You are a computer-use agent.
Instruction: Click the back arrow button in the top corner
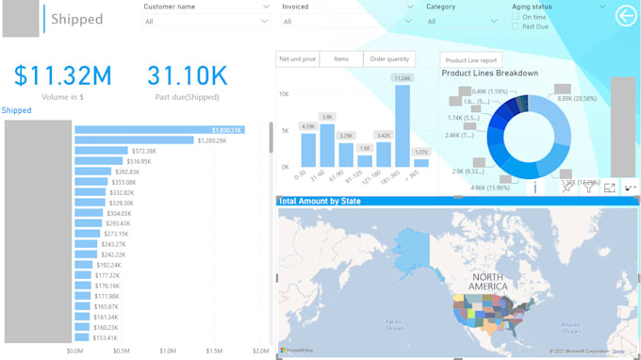tap(625, 16)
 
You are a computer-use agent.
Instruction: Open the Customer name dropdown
tap(265, 21)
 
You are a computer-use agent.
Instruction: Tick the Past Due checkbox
tap(515, 26)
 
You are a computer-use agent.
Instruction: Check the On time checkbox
tap(515, 17)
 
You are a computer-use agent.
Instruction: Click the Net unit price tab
tap(297, 59)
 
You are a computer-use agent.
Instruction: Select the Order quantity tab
tap(388, 59)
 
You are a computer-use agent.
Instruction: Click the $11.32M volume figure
tap(63, 75)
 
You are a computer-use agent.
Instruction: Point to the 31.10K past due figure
tap(188, 75)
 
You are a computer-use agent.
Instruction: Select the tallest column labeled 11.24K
tap(403, 125)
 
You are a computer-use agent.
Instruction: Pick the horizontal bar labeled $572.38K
tap(101, 151)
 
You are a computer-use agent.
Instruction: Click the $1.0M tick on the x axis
tap(167, 351)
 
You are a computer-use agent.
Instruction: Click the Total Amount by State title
tap(320, 202)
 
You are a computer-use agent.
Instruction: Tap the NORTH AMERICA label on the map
tap(489, 282)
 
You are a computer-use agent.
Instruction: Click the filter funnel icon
tap(588, 188)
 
